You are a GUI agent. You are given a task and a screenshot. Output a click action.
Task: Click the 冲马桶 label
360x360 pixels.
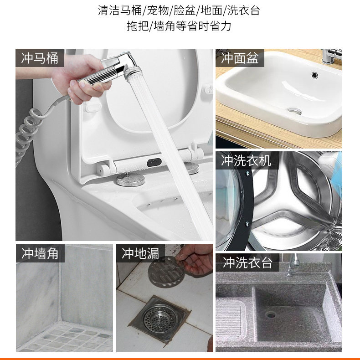40,58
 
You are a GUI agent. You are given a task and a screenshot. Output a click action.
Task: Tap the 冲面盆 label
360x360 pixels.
240,58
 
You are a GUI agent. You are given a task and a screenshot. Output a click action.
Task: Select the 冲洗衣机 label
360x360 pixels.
246,160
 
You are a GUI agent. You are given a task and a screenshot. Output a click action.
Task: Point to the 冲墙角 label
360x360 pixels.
40,253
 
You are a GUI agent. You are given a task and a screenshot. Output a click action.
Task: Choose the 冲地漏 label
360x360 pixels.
140,253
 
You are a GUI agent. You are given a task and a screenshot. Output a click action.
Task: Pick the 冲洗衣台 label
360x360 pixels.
248,262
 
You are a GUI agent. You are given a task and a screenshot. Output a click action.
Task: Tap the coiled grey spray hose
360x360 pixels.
32,129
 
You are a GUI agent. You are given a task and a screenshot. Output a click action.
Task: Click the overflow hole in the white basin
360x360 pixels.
314,74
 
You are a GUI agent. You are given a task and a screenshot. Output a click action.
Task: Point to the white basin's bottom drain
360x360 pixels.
294,111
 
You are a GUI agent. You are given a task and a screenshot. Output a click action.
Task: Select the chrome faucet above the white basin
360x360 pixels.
331,56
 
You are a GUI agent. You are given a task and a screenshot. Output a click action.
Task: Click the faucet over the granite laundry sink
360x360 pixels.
293,265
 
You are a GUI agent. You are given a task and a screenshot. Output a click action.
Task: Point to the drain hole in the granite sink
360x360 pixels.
271,314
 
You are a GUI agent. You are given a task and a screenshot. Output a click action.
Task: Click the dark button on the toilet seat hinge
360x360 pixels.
154,163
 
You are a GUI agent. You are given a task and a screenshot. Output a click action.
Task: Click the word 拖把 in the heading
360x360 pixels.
138,26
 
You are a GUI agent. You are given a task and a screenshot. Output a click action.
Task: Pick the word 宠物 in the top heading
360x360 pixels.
158,10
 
